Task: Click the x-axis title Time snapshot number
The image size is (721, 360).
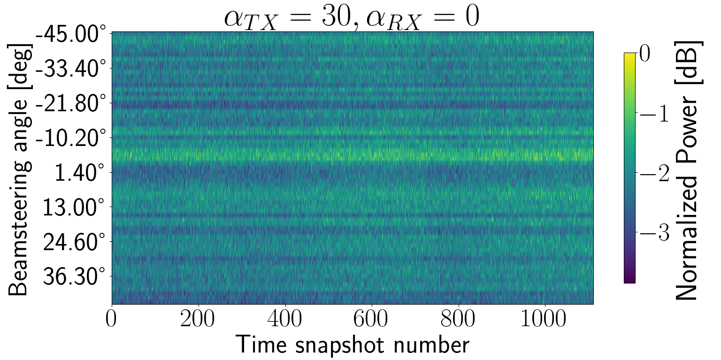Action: tap(352, 345)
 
